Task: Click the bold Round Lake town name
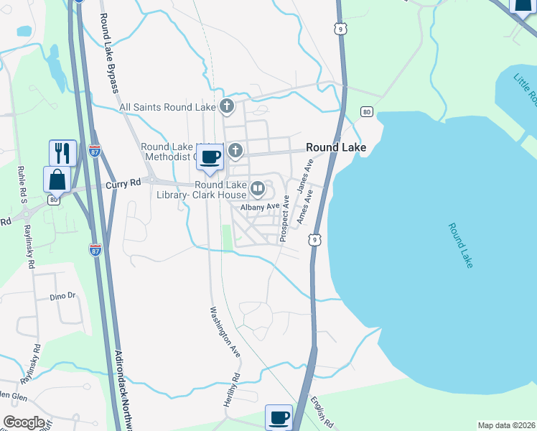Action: (x=336, y=147)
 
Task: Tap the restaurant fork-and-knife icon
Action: (x=62, y=152)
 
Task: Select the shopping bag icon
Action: (x=57, y=179)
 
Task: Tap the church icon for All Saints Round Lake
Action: (x=227, y=107)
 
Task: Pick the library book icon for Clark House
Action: (x=258, y=190)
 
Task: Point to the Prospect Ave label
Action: (x=285, y=220)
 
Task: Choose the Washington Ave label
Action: (x=225, y=333)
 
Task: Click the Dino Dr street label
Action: (x=62, y=296)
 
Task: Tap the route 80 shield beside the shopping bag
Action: (x=54, y=200)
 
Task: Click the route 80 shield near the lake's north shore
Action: (x=367, y=112)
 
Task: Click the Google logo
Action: (x=24, y=422)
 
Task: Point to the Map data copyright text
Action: (x=506, y=425)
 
